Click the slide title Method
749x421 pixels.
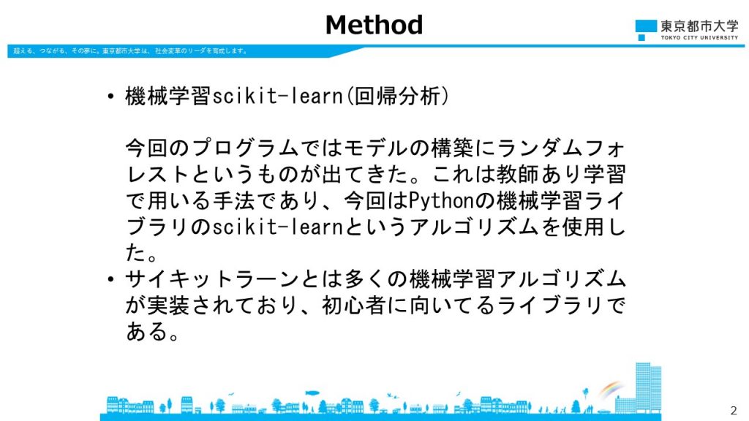click(x=374, y=25)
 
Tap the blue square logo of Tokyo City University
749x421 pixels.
click(x=646, y=27)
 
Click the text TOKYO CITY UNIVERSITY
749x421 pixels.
click(x=699, y=37)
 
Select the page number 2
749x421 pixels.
click(x=734, y=410)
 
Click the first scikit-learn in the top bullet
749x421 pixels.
click(x=278, y=96)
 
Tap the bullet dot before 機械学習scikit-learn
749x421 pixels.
click(x=111, y=96)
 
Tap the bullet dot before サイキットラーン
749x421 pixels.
click(x=111, y=278)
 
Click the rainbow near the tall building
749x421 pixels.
click(x=611, y=389)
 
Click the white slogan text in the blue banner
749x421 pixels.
click(x=130, y=51)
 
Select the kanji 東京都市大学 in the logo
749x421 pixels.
click(x=699, y=26)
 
